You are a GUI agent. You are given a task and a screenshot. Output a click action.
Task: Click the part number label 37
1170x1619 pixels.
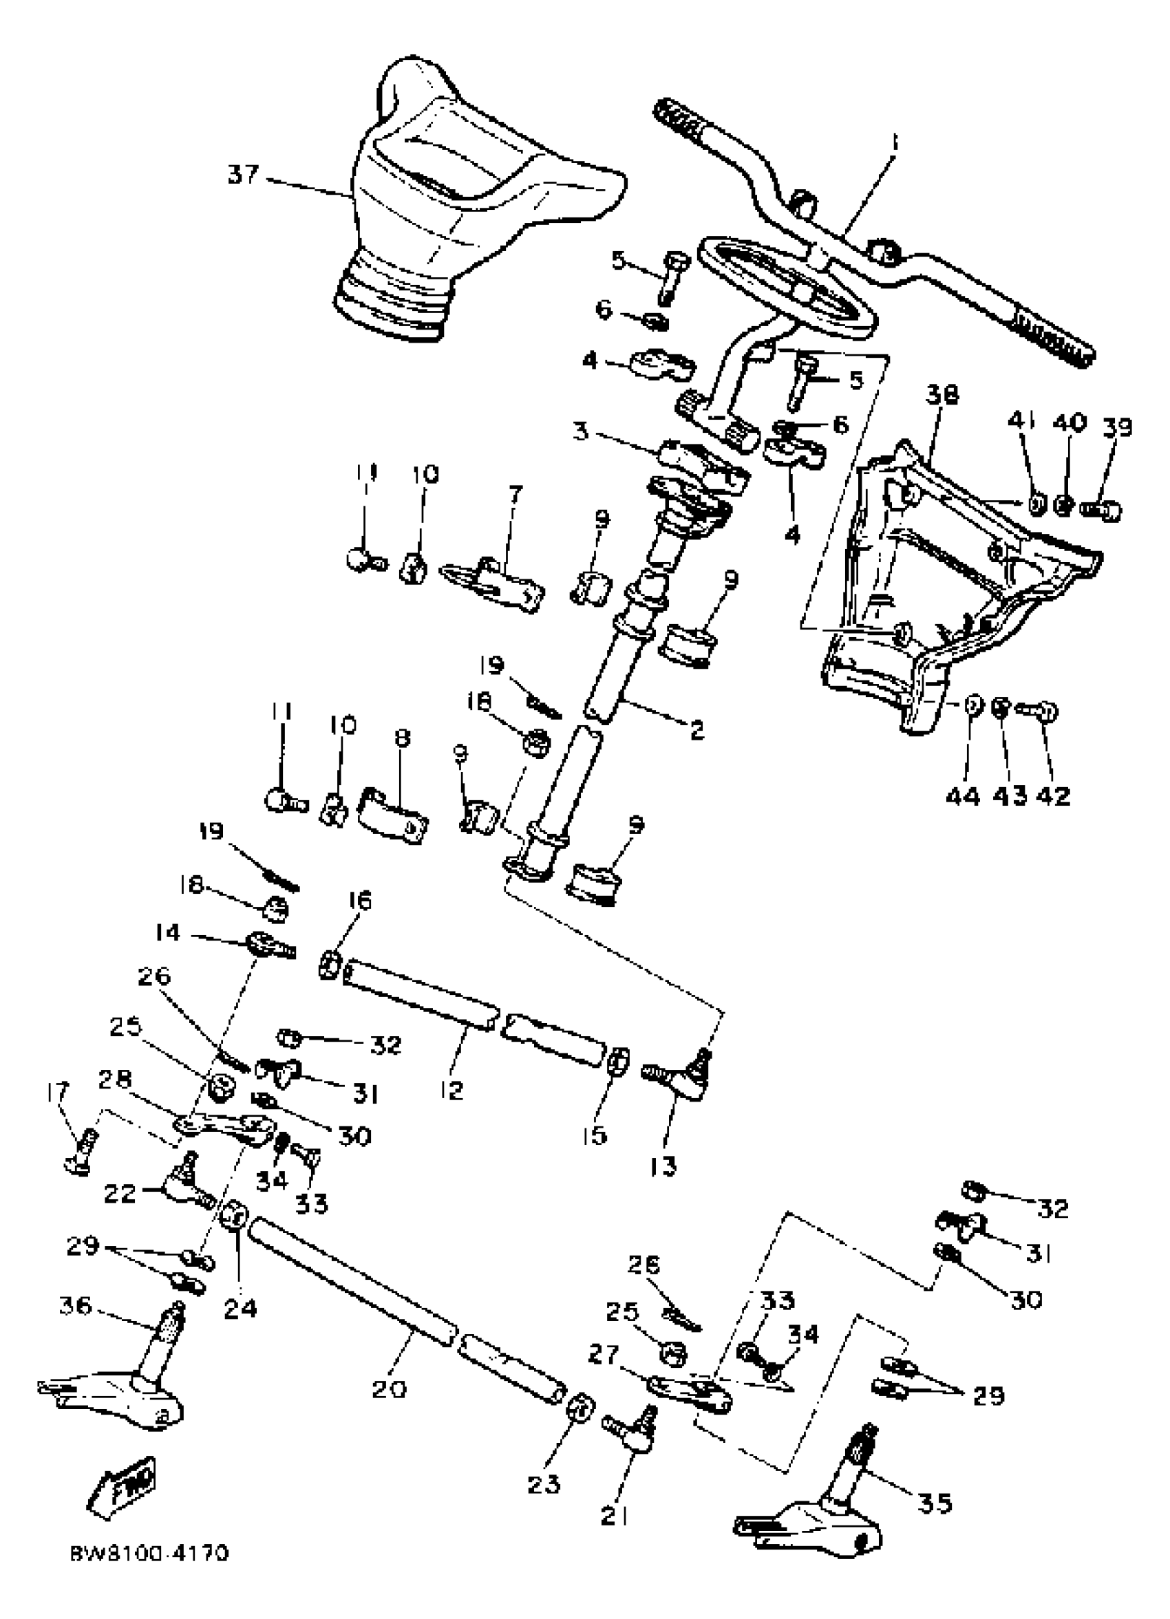242,174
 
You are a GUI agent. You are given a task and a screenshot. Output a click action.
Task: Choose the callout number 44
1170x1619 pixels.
963,795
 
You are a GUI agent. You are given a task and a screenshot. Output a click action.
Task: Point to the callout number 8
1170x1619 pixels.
403,738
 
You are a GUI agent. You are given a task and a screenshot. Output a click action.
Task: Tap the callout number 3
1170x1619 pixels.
582,433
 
